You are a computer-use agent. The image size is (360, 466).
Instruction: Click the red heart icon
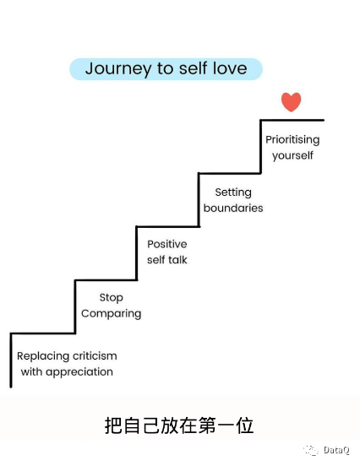point(291,102)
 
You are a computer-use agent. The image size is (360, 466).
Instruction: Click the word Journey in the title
point(118,69)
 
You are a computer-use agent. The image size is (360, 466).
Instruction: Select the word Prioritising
point(292,140)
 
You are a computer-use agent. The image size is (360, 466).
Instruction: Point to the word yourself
point(292,155)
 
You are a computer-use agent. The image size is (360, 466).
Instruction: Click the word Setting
point(233,192)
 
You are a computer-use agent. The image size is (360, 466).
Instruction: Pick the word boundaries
point(233,208)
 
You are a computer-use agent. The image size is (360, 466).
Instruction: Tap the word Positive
point(167,244)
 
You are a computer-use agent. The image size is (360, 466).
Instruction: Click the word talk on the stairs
point(177,260)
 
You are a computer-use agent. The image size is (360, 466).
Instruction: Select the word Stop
point(112,298)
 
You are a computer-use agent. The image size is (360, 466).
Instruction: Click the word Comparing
point(112,314)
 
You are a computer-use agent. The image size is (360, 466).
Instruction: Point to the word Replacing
point(43,356)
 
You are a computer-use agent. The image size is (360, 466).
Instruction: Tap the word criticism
point(95,355)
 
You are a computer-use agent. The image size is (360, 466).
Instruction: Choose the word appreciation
point(79,372)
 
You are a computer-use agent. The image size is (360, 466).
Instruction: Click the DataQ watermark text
point(336,450)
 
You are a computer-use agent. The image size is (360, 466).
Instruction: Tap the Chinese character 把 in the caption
point(113,425)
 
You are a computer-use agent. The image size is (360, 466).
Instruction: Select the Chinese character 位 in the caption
point(245,425)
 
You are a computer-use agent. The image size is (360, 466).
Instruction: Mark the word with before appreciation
point(31,371)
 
